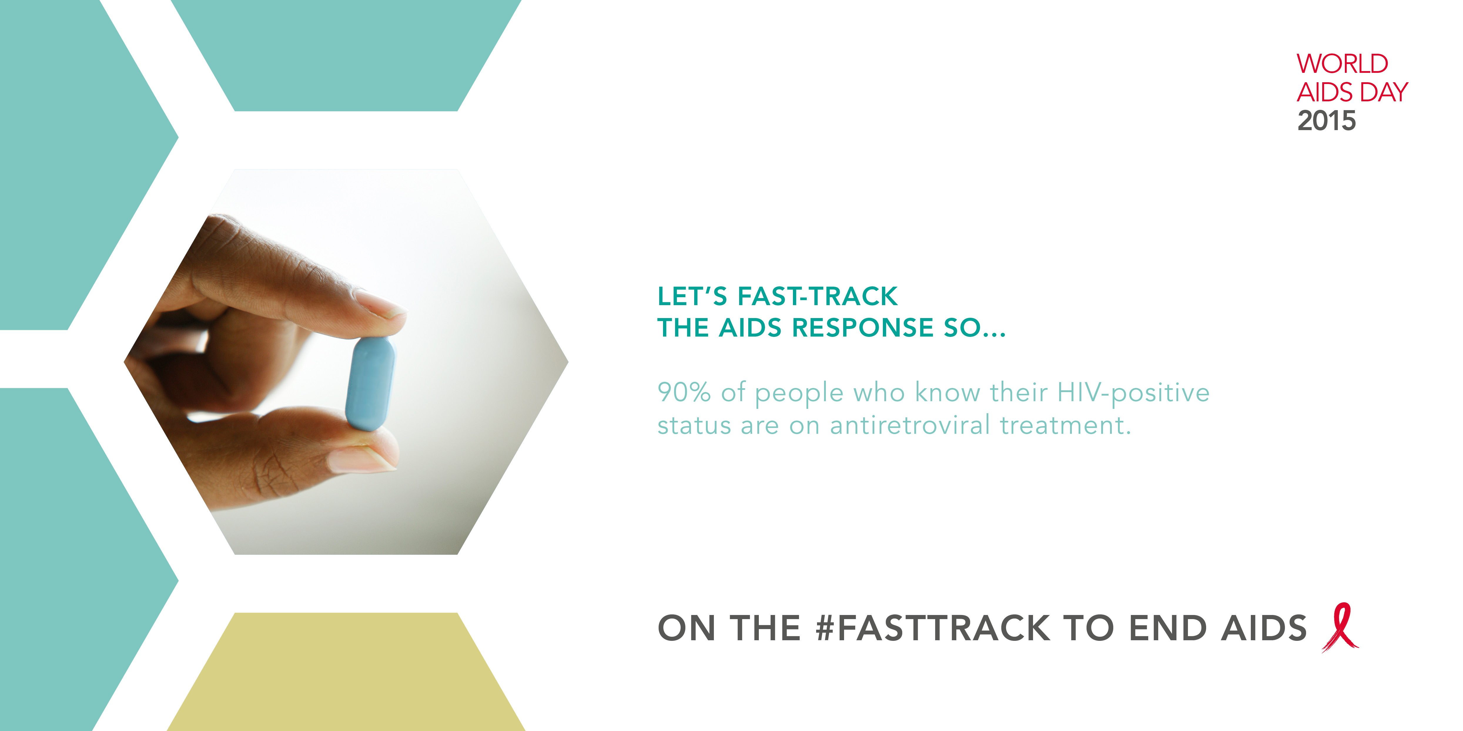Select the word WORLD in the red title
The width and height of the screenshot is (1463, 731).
click(x=1342, y=63)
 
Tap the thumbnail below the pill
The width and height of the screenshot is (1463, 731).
click(x=362, y=459)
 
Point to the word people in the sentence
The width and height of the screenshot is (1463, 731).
click(x=799, y=393)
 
